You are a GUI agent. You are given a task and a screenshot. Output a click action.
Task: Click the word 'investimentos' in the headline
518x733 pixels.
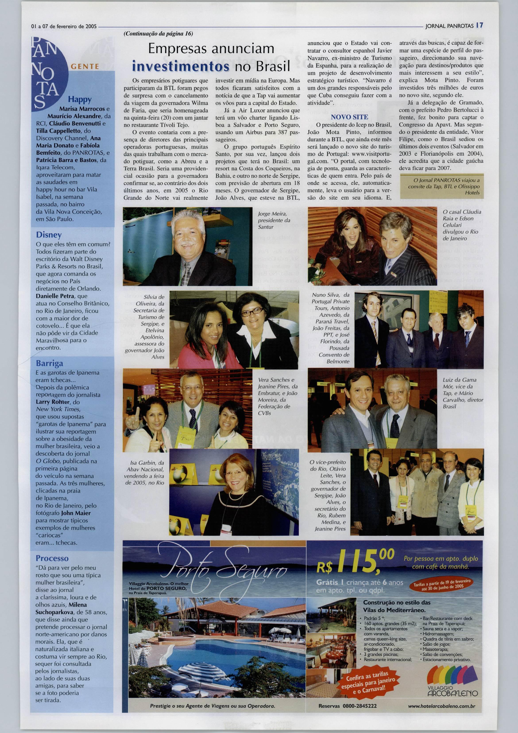181,66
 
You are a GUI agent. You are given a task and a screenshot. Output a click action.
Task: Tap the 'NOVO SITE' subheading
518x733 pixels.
349,117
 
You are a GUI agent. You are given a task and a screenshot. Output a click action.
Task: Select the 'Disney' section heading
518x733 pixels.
48,235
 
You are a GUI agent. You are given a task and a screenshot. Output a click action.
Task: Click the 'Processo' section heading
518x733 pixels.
52,558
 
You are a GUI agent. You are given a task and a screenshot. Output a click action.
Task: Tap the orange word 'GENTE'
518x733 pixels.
85,66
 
